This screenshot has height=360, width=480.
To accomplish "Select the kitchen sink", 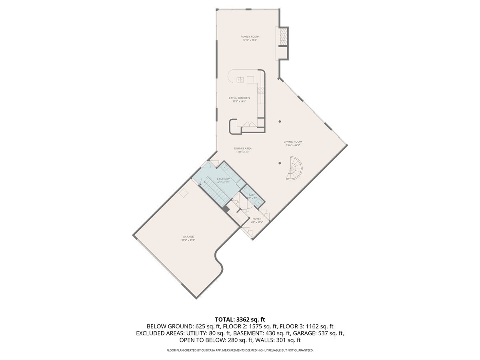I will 240,80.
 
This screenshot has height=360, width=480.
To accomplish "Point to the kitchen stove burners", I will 260,90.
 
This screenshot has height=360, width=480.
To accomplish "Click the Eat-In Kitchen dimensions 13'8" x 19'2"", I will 239,102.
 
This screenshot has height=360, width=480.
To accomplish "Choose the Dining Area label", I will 243,148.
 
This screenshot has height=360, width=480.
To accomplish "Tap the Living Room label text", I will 293,142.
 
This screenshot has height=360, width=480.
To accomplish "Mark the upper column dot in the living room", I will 280,122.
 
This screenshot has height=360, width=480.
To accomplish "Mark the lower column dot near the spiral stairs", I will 280,163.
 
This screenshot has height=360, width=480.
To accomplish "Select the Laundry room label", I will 223,179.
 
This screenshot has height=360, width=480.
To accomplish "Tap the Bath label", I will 252,195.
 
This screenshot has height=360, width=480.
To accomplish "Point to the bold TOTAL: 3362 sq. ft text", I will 240,319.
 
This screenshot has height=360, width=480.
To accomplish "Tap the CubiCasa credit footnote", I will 240,350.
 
